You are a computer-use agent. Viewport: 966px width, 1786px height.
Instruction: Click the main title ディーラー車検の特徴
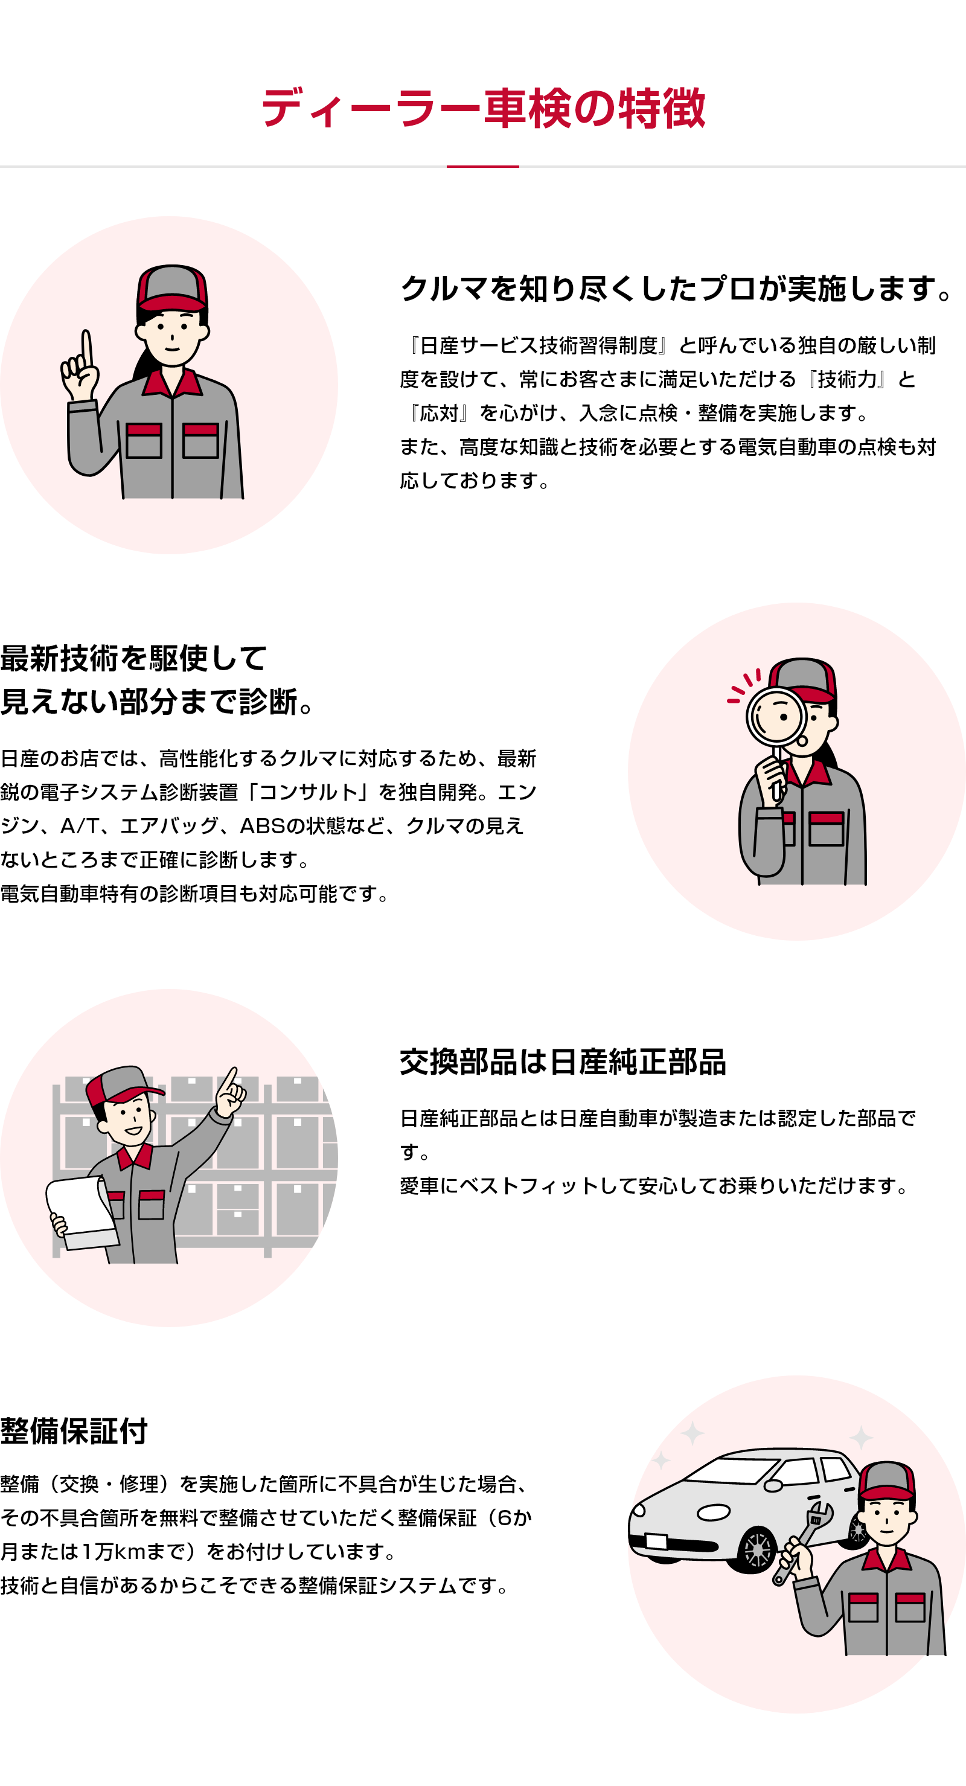482,109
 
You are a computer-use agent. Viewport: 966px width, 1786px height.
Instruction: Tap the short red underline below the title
482,167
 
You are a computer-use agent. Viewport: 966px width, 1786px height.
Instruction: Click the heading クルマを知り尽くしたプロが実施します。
676,289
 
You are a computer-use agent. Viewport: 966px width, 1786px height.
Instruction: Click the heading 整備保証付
74,1431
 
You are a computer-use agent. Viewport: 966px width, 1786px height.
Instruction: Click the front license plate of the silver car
656,1541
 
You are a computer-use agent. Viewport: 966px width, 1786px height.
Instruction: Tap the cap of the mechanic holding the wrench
886,1483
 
